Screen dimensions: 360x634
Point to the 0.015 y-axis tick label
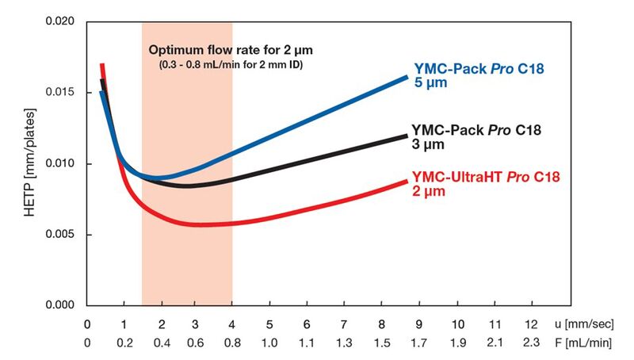pyautogui.click(x=69, y=93)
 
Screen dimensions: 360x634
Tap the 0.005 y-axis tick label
pyautogui.click(x=69, y=235)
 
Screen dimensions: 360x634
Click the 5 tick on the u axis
pyautogui.click(x=269, y=325)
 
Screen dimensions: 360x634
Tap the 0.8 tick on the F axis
pyautogui.click(x=232, y=343)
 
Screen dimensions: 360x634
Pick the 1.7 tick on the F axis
pyautogui.click(x=418, y=343)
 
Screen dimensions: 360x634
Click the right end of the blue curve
pyautogui.click(x=407, y=77)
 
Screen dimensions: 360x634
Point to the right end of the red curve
pyautogui.click(x=407, y=182)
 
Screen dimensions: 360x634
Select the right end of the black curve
pyautogui.click(x=407, y=136)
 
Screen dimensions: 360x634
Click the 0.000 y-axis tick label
pyautogui.click(x=69, y=305)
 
